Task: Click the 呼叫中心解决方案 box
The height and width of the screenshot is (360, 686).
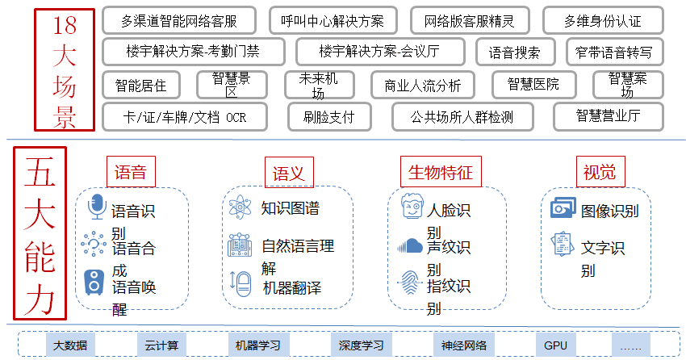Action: coord(332,20)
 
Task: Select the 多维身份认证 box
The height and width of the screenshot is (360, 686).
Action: coord(603,20)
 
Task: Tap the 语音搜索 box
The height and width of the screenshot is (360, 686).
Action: coord(515,52)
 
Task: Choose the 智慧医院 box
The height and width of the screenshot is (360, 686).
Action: coord(533,84)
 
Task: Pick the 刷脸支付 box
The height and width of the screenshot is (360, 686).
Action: coord(328,116)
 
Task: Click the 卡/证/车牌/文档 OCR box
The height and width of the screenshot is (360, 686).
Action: coord(185,116)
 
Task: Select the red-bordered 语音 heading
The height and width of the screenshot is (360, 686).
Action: coord(130,172)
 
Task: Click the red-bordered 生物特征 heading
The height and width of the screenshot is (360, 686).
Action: coord(440,172)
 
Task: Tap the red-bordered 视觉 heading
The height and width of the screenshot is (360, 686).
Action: coord(599,172)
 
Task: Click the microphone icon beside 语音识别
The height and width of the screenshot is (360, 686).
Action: coord(97,207)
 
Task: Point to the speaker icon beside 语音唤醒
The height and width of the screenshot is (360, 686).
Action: coord(95,282)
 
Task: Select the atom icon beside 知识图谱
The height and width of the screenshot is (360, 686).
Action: coord(241,207)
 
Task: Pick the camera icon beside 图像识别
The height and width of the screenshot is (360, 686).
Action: coord(562,209)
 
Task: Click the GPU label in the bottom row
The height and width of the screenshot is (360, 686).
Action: coord(555,345)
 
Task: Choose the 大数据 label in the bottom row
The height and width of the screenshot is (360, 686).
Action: coord(70,345)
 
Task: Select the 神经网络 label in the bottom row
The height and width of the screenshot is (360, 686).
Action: coord(464,345)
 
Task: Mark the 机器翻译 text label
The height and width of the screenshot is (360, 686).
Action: coord(291,287)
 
